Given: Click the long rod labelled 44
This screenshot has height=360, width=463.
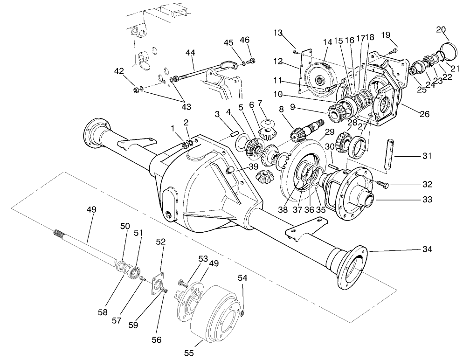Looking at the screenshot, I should click(x=196, y=72).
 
